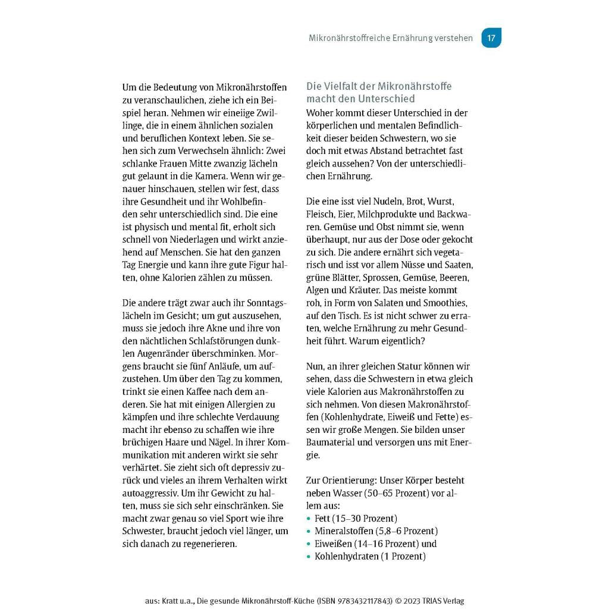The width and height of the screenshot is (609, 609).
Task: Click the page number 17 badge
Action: click(x=491, y=38)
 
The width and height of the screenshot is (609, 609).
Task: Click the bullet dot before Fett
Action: click(x=309, y=519)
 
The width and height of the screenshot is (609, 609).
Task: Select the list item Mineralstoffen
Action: click(x=344, y=530)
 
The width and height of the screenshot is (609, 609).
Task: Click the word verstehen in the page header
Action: click(x=453, y=38)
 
